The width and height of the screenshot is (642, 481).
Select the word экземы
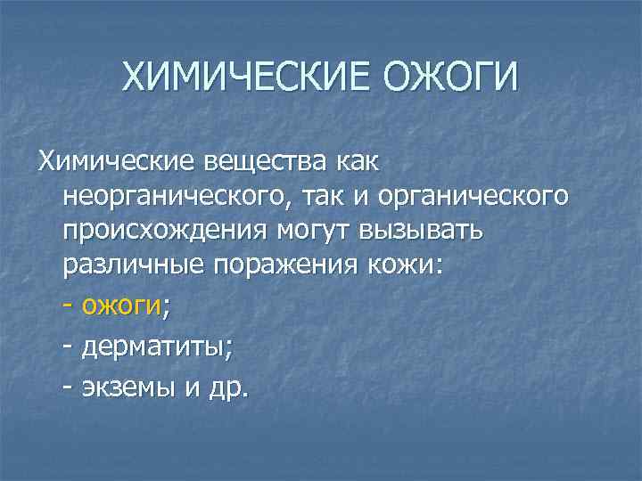pos(128,387)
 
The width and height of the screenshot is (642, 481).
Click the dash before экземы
pos(69,387)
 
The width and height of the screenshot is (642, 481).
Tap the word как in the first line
pos(356,162)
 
